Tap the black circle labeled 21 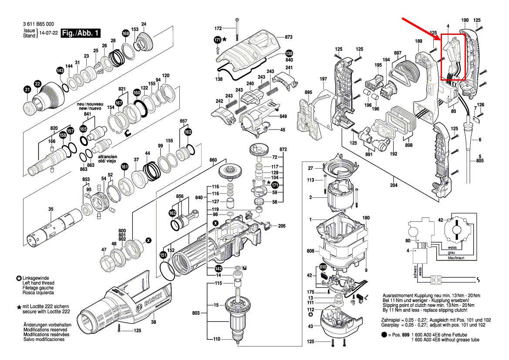(x=27, y=90)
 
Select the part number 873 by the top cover (x=289, y=37)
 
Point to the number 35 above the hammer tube (x=51, y=210)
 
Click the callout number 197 (x=323, y=79)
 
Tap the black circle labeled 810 (x=323, y=267)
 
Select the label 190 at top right (x=465, y=20)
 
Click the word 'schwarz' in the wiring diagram (x=415, y=271)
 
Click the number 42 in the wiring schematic (x=440, y=220)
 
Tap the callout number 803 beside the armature (x=196, y=313)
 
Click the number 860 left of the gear (x=213, y=160)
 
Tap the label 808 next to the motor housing (x=310, y=251)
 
